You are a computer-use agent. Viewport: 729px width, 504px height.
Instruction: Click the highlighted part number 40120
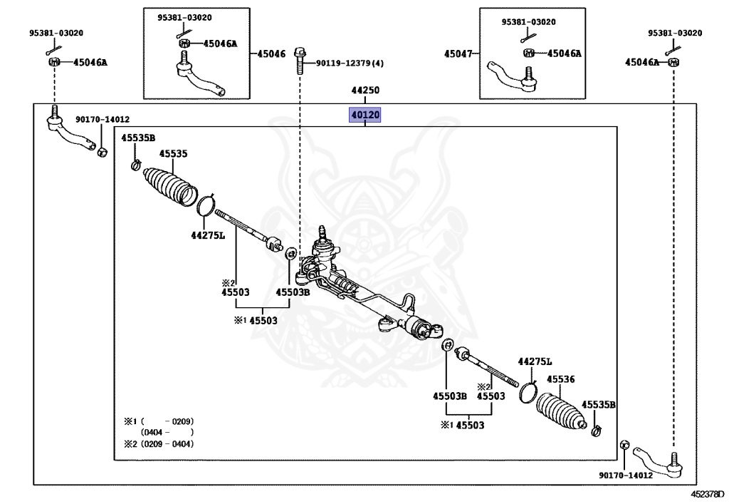[x=365, y=115]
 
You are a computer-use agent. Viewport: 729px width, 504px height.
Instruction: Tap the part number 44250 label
[x=365, y=90]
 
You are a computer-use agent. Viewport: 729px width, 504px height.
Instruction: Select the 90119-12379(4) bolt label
[x=350, y=63]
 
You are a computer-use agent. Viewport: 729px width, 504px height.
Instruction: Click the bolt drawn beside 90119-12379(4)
[x=300, y=61]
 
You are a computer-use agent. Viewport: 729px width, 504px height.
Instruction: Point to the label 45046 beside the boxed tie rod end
[x=271, y=54]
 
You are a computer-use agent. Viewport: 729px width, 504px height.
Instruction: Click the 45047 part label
[x=458, y=54]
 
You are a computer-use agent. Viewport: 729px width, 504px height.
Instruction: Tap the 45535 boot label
[x=173, y=153]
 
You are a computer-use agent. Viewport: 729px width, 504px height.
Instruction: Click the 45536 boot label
[x=561, y=379]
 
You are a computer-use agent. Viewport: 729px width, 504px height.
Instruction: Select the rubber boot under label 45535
[x=170, y=186]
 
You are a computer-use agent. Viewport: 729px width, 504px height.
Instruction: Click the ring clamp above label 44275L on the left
[x=206, y=205]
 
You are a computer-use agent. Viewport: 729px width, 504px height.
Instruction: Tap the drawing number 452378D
[x=707, y=494]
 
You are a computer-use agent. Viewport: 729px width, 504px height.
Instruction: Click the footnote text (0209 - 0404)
[x=167, y=444]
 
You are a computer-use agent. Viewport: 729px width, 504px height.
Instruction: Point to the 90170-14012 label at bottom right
[x=625, y=475]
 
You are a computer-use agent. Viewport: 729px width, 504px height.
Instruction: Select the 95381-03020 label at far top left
[x=56, y=33]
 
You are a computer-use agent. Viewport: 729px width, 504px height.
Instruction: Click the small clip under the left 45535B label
[x=136, y=165]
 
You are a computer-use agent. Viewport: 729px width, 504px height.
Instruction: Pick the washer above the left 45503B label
[x=291, y=254]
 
